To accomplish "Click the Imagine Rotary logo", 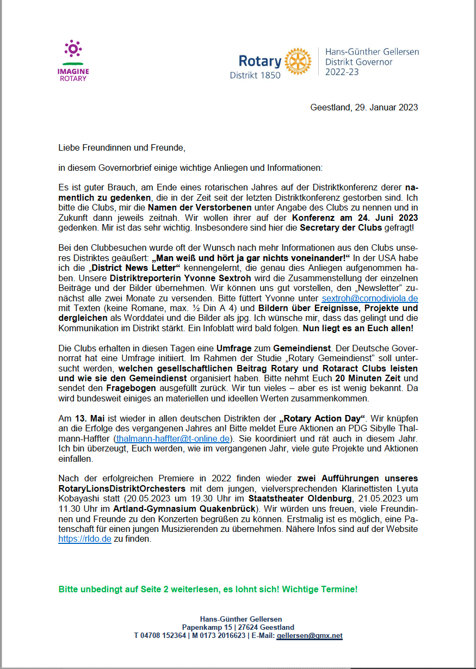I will pos(73,60).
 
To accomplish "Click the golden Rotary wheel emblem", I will pos(298,61).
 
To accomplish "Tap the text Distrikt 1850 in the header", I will pos(255,75).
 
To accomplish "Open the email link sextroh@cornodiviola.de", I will pos(369,299).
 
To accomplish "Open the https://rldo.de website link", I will pos(84,539).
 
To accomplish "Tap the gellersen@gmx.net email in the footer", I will pos(309,635).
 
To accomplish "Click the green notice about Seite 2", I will pos(208,590).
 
